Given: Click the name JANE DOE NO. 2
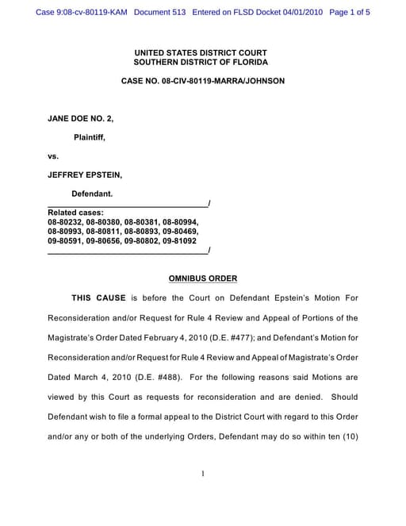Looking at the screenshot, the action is point(81,118).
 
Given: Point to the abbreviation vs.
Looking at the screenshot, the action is point(53,155).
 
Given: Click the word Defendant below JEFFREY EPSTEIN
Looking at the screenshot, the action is point(92,194).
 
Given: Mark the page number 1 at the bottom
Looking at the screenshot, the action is point(203,474).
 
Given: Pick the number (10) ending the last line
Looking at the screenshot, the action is point(347,436).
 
